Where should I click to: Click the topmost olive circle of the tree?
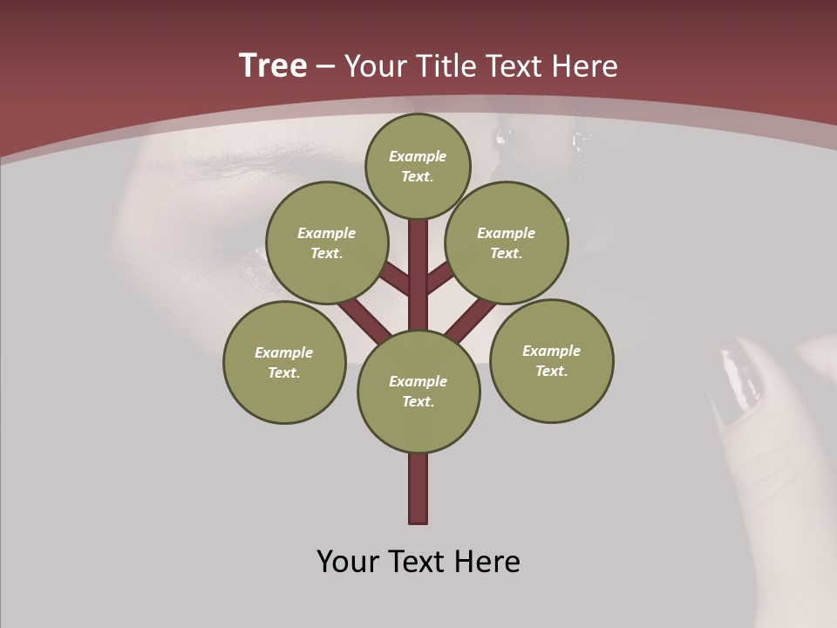pos(418,166)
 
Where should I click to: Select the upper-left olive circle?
pos(327,242)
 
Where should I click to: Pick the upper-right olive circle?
pos(507,242)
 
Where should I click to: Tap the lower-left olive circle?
pos(284,362)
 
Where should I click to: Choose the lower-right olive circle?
pos(551,360)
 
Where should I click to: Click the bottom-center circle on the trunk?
pos(418,392)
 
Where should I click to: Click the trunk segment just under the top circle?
pos(418,253)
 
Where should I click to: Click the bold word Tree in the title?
pos(273,65)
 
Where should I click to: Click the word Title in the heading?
pos(447,66)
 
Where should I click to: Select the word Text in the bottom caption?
pos(419,562)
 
